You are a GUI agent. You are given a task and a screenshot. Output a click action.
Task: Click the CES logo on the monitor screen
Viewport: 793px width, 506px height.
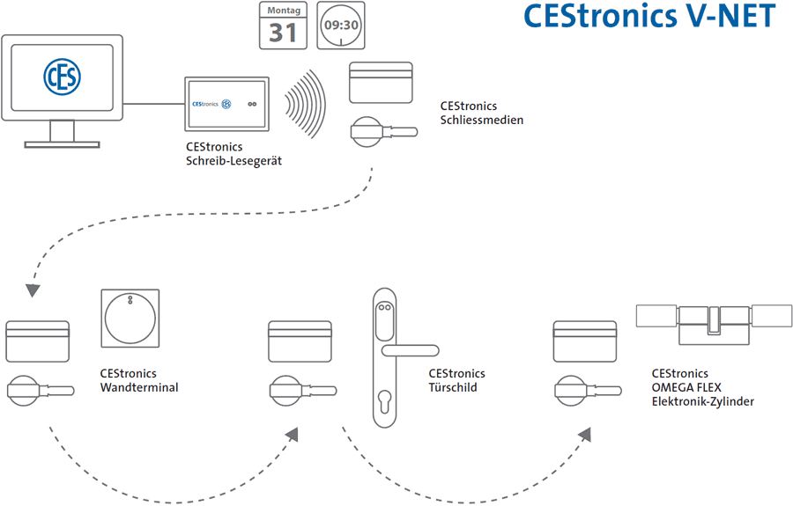tap(63, 77)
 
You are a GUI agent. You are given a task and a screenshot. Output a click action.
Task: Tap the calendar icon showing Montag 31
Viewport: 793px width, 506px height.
tap(283, 26)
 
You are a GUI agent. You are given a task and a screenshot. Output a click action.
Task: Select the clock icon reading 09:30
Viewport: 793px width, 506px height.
tap(341, 26)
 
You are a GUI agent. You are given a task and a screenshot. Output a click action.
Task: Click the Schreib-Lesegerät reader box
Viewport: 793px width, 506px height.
tap(226, 104)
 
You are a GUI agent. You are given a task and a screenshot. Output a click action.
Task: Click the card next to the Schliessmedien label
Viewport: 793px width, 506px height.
tap(381, 83)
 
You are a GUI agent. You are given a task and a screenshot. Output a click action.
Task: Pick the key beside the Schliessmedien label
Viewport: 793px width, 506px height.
tap(384, 132)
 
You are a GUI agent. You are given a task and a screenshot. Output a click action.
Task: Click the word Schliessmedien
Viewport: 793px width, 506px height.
tap(481, 121)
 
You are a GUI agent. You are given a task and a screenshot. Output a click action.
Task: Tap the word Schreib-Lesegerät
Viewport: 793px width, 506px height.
tap(233, 161)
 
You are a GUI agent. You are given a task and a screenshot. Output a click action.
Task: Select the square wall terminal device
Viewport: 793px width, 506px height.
tap(130, 319)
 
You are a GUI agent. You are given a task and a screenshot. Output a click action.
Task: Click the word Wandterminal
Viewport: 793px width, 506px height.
tap(139, 387)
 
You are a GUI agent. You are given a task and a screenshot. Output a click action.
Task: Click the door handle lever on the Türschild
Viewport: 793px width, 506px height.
tap(410, 350)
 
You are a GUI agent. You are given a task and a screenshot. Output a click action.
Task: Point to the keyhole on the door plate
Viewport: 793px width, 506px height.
tap(384, 401)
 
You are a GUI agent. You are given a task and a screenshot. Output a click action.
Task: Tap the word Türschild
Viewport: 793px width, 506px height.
tap(453, 387)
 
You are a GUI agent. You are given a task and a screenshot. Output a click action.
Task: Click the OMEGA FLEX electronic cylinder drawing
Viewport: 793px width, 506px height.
tap(714, 325)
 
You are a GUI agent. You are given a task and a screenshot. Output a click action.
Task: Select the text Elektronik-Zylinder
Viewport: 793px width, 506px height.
tap(702, 401)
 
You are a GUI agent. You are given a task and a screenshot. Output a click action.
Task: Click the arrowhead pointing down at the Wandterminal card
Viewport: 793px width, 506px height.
tap(33, 290)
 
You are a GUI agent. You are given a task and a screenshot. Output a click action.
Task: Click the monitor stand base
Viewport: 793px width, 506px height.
tap(63, 145)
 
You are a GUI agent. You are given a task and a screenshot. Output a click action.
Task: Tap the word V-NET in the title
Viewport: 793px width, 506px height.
tap(730, 16)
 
